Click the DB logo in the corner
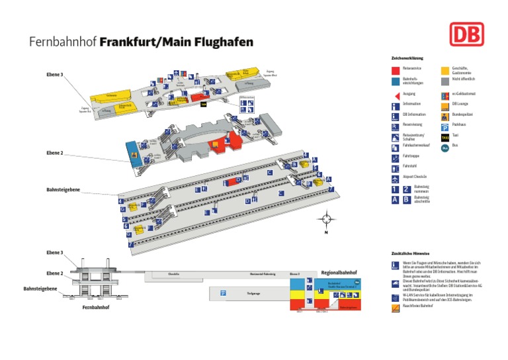[x=467, y=35]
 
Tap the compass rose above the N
[x=325, y=219]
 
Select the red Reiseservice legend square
[x=396, y=69]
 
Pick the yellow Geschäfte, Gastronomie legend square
[x=446, y=69]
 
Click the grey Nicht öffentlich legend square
[x=446, y=81]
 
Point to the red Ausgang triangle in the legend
[x=396, y=94]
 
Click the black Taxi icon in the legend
[x=446, y=136]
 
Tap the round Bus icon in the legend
[x=446, y=146]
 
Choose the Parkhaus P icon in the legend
[x=446, y=126]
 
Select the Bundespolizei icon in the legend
[x=446, y=115]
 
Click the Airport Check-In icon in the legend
[x=396, y=178]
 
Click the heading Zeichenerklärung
[x=407, y=58]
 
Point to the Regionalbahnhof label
[x=339, y=272]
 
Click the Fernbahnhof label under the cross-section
[x=95, y=308]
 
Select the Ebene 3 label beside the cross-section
[x=54, y=253]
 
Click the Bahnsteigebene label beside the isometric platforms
[x=63, y=189]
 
